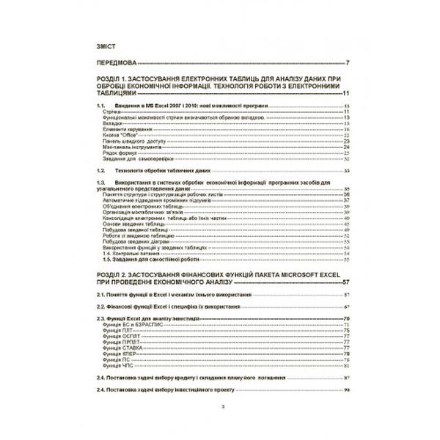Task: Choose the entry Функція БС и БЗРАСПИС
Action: click(x=133, y=324)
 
